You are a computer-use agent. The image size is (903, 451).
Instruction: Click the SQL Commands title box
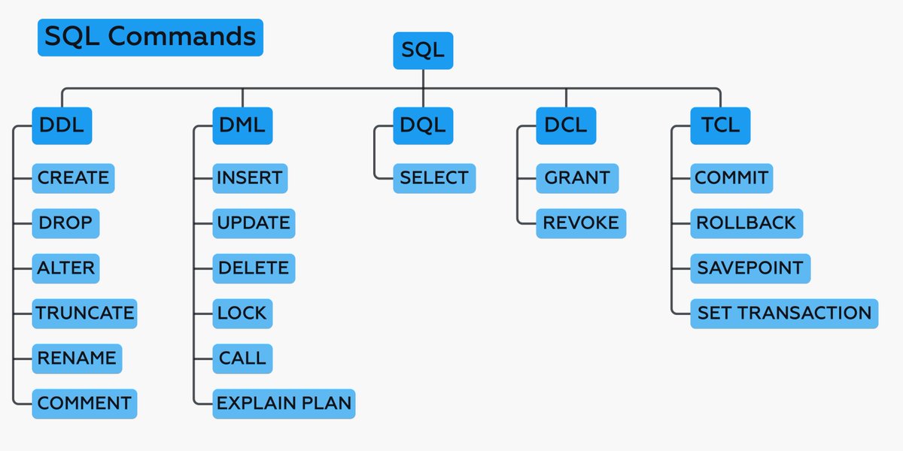pyautogui.click(x=150, y=38)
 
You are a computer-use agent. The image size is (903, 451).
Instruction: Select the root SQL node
pyautogui.click(x=423, y=51)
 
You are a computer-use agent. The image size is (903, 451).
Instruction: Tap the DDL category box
pyautogui.click(x=62, y=126)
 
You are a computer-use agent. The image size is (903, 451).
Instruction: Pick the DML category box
pyautogui.click(x=242, y=126)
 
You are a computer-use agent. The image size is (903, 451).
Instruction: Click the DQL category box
pyautogui.click(x=423, y=126)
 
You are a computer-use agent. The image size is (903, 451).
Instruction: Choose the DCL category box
pyautogui.click(x=566, y=126)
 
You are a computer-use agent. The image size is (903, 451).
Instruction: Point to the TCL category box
pyautogui.click(x=720, y=126)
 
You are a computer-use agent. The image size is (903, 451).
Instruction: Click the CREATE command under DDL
pyautogui.click(x=73, y=178)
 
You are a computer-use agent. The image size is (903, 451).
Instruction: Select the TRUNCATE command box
pyautogui.click(x=85, y=313)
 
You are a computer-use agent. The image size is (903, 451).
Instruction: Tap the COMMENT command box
pyautogui.click(x=85, y=404)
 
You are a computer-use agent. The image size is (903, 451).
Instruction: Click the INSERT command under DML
pyautogui.click(x=250, y=178)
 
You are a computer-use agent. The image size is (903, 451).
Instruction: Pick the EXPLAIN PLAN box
pyautogui.click(x=284, y=404)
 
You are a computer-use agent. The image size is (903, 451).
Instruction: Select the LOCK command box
pyautogui.click(x=242, y=313)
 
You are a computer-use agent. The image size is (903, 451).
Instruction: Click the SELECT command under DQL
pyautogui.click(x=434, y=178)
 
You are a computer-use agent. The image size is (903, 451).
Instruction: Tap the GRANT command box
pyautogui.click(x=577, y=178)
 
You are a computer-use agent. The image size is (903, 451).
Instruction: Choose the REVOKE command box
pyautogui.click(x=581, y=223)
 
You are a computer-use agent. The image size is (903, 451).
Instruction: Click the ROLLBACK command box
pyautogui.click(x=746, y=223)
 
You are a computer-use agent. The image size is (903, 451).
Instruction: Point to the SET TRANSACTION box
pyautogui.click(x=784, y=313)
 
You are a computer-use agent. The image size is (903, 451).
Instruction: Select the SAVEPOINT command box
pyautogui.click(x=750, y=268)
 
